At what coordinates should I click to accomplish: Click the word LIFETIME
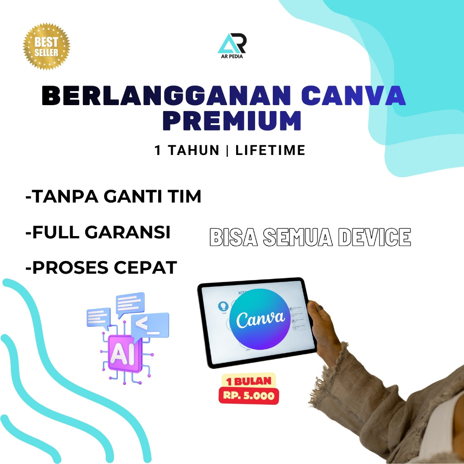[x=271, y=150]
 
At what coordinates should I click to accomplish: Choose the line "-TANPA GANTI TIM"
[x=113, y=197]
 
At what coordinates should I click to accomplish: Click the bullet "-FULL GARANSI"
[x=98, y=232]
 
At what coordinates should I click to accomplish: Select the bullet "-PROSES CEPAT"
[x=101, y=267]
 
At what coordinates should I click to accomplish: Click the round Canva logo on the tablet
[x=257, y=319]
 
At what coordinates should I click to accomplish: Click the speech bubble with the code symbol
[x=150, y=324]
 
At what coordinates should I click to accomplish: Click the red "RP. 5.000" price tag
[x=249, y=396]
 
